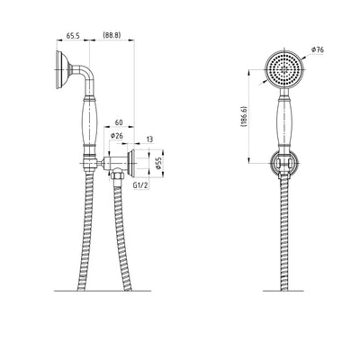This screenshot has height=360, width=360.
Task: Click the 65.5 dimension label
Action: [x=73, y=36]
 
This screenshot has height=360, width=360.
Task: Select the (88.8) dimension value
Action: [x=112, y=35]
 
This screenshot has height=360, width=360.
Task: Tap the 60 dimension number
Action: [x=119, y=122]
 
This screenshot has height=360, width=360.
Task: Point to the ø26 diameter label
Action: [x=117, y=136]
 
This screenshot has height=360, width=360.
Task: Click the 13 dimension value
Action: [x=149, y=139]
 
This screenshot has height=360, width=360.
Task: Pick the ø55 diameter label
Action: [x=158, y=164]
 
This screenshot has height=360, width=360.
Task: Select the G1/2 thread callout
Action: [x=140, y=185]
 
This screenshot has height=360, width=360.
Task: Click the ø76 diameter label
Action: [x=318, y=49]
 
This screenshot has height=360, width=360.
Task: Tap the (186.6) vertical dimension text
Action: [x=243, y=116]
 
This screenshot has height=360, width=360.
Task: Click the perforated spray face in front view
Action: [x=284, y=69]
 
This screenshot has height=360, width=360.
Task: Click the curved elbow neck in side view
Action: [x=85, y=74]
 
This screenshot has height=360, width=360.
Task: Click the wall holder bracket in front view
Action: [x=284, y=163]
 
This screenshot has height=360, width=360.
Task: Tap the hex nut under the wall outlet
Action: [x=116, y=174]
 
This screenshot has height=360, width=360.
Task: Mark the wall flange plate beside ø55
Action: [x=131, y=163]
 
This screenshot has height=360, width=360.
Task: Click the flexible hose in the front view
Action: [x=284, y=234]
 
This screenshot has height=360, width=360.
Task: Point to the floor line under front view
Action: [x=283, y=291]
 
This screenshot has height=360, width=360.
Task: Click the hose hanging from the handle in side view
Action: [x=86, y=231]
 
